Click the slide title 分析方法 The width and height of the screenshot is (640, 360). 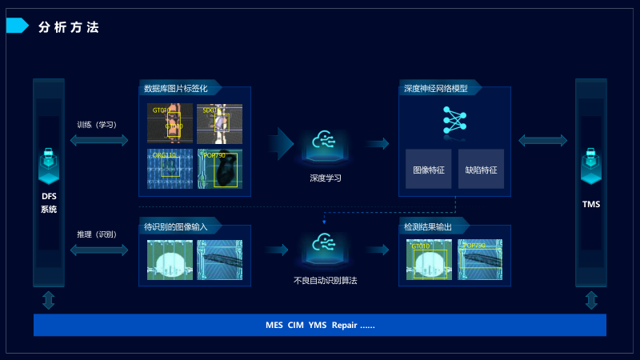pyautogui.click(x=69, y=27)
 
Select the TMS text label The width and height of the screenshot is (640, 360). pyautogui.click(x=591, y=204)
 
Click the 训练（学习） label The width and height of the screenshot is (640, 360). pyautogui.click(x=97, y=125)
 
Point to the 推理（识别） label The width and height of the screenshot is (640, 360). pyautogui.click(x=97, y=234)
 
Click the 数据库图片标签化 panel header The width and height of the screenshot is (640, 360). pyautogui.click(x=174, y=89)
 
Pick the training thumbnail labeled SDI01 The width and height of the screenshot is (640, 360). pyautogui.click(x=219, y=123)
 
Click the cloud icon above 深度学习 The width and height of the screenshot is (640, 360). pyautogui.click(x=325, y=142)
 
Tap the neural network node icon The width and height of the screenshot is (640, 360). pyautogui.click(x=454, y=119)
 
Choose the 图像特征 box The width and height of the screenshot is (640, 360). pyautogui.click(x=428, y=170)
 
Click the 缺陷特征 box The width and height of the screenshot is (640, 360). pyautogui.click(x=481, y=170)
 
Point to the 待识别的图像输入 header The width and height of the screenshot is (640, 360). pyautogui.click(x=175, y=226)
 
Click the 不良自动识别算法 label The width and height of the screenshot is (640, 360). pyautogui.click(x=325, y=281)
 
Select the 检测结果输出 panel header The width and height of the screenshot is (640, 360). pyautogui.click(x=428, y=227)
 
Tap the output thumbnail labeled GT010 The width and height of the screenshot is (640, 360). pyautogui.click(x=429, y=260)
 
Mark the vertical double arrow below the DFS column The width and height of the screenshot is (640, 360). pyautogui.click(x=49, y=300)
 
